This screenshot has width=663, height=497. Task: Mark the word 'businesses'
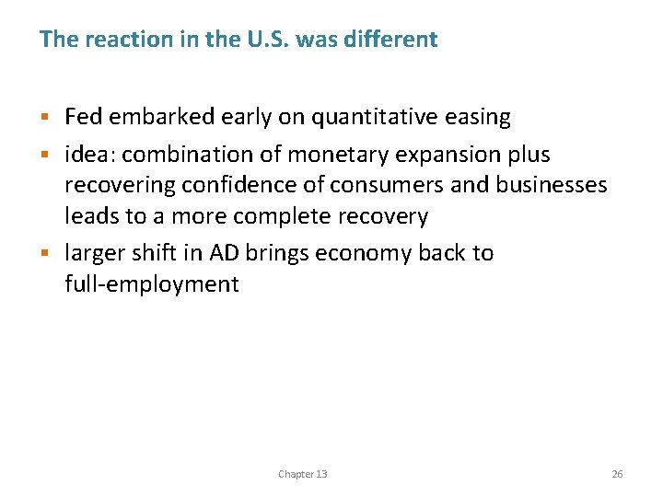coord(552,185)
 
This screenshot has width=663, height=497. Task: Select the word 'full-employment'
coord(152,284)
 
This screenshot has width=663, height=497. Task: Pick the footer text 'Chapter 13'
coord(302,474)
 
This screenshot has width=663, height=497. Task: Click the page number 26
coord(617,474)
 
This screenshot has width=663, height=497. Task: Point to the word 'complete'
coord(282,217)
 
